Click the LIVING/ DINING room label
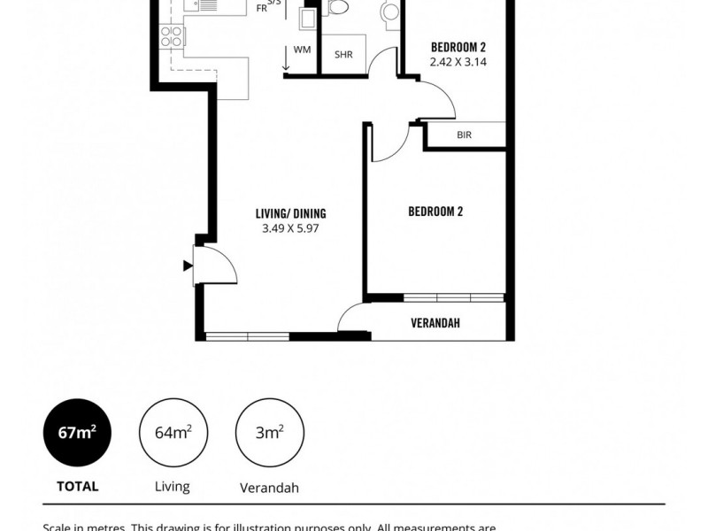[290, 213]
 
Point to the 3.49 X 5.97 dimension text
[290, 228]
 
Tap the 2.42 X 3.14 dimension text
[458, 62]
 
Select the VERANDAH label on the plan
[435, 323]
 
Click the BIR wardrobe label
[464, 135]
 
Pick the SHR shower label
[343, 54]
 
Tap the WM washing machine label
[302, 50]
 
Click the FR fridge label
[261, 8]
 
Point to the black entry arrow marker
[187, 265]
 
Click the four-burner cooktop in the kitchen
[170, 35]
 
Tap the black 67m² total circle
[77, 432]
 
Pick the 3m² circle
[269, 432]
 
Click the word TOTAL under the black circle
[77, 486]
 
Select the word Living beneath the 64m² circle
[172, 486]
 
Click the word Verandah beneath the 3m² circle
[269, 487]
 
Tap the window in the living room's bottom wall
[247, 336]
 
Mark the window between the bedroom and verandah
[453, 297]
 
